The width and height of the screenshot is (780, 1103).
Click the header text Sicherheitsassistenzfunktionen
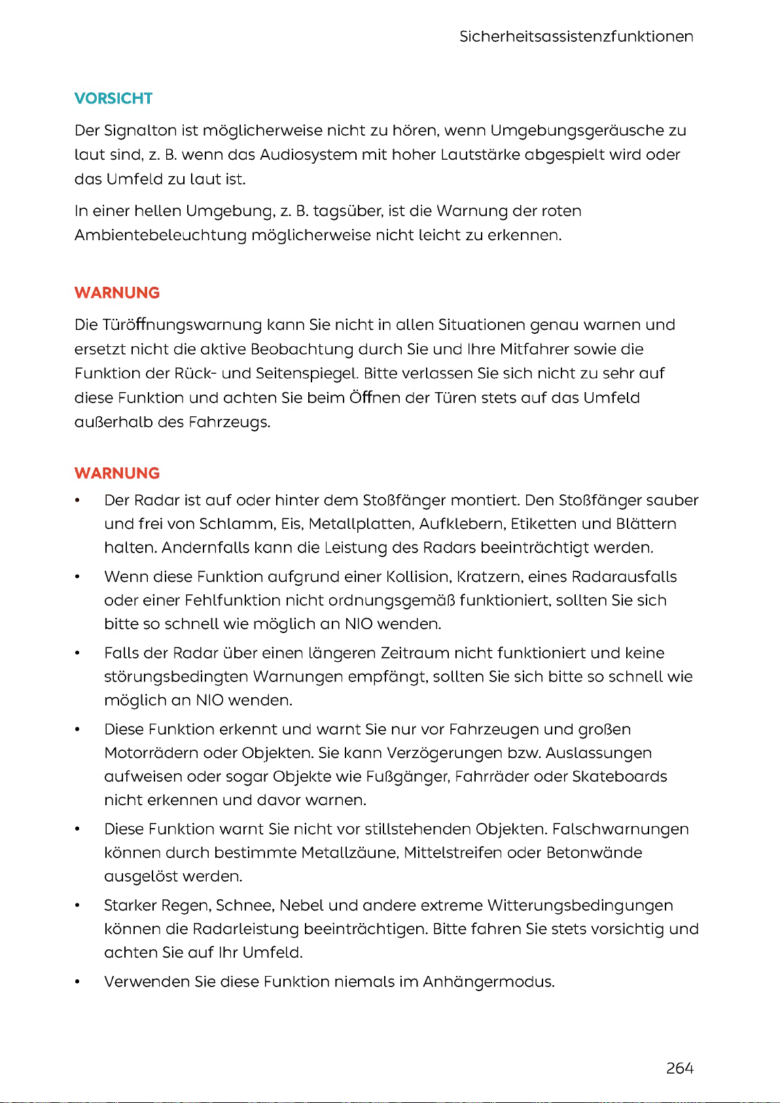[x=576, y=37]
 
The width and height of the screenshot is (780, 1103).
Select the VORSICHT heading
[x=113, y=98]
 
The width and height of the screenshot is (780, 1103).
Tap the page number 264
[x=679, y=1068]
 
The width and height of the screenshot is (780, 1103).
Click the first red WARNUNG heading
[x=117, y=293]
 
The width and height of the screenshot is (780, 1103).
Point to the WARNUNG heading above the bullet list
[x=117, y=473]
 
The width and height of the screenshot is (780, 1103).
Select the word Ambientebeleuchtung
[x=160, y=235]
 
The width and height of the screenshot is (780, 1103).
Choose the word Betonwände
[x=594, y=852]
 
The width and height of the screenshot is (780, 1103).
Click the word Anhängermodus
[x=487, y=982]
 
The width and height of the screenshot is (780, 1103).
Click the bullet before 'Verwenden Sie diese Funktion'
[x=77, y=982]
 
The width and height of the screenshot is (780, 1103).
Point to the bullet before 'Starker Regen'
[x=77, y=905]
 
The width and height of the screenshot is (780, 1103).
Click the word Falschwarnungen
[x=620, y=829]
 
